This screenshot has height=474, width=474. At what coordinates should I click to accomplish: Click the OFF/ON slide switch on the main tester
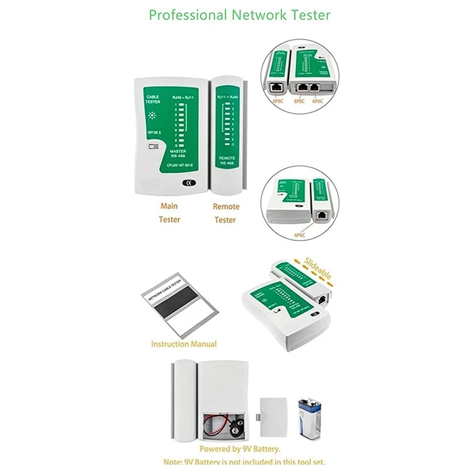[154, 146]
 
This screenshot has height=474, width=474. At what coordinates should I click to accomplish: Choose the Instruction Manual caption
[184, 344]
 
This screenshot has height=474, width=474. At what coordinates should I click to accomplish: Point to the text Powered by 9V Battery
[240, 449]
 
